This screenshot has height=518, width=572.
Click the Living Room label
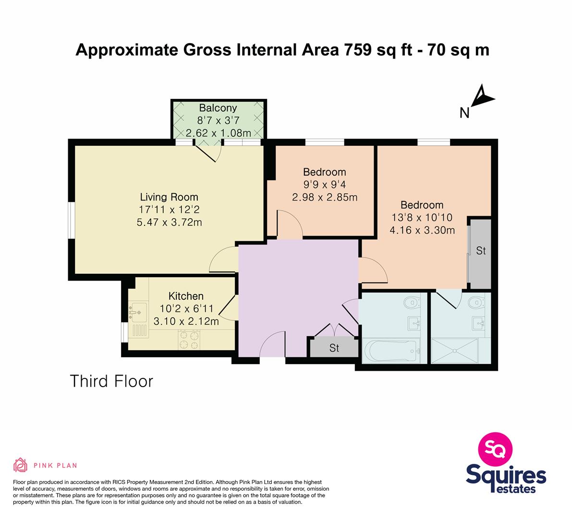169,197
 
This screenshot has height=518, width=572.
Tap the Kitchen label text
186,296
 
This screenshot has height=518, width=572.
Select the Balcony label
218,108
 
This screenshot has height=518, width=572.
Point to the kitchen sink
138,312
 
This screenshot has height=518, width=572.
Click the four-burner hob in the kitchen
189,340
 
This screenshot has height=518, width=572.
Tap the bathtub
393,352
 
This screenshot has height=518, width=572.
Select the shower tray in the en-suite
454,351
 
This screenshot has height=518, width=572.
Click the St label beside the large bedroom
481,251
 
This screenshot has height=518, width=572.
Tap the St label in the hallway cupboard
334,348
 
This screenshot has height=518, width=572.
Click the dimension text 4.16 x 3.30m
422,230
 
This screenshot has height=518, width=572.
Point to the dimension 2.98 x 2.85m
325,198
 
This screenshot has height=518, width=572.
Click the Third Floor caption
111,381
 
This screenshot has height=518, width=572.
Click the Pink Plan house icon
21,465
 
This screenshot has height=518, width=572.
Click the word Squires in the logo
506,476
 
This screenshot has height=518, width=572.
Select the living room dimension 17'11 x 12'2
169,210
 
